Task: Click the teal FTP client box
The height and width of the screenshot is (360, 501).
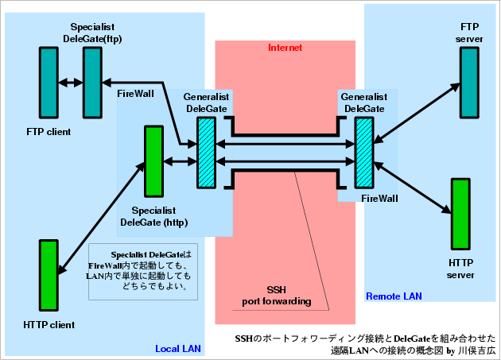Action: point(49,81)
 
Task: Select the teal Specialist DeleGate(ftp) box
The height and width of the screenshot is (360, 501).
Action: point(91,81)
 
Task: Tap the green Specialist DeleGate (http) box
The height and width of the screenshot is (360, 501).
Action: point(153,161)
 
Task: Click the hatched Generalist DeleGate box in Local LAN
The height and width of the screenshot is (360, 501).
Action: point(207,153)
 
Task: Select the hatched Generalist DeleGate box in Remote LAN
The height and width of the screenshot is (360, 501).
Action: point(364,153)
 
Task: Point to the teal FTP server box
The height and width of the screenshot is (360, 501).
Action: point(467,81)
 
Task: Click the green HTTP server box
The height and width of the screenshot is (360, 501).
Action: point(459,214)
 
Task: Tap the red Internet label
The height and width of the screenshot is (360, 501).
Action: point(285,48)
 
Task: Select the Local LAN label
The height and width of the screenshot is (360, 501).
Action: point(179,348)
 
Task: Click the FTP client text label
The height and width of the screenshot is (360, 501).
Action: point(49,131)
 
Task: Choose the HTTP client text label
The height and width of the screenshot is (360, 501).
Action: point(49,324)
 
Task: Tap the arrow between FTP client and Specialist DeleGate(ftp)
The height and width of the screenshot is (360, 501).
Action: point(70,81)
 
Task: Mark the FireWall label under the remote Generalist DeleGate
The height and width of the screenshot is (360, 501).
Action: point(379,198)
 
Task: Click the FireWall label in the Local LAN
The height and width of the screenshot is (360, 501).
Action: point(135,94)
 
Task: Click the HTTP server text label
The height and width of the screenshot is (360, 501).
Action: point(460,269)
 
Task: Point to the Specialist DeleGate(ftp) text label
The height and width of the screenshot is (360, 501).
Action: point(91,33)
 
